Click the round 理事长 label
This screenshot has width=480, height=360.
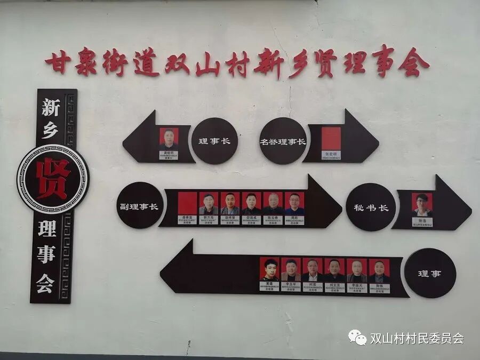point(213,141)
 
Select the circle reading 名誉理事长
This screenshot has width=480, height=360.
point(283,141)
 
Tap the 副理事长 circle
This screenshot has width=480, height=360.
point(140,205)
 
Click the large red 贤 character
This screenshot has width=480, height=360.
point(52,179)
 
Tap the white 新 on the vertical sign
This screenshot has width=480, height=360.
point(50,108)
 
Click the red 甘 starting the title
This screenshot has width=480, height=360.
point(55,63)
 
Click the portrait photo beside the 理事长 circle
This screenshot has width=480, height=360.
point(169,138)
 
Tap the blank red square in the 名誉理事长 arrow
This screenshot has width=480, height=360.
point(331,138)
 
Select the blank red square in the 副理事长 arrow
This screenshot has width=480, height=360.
point(187,203)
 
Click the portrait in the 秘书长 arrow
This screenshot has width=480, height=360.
point(422,204)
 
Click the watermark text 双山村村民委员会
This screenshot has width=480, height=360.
point(417,338)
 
